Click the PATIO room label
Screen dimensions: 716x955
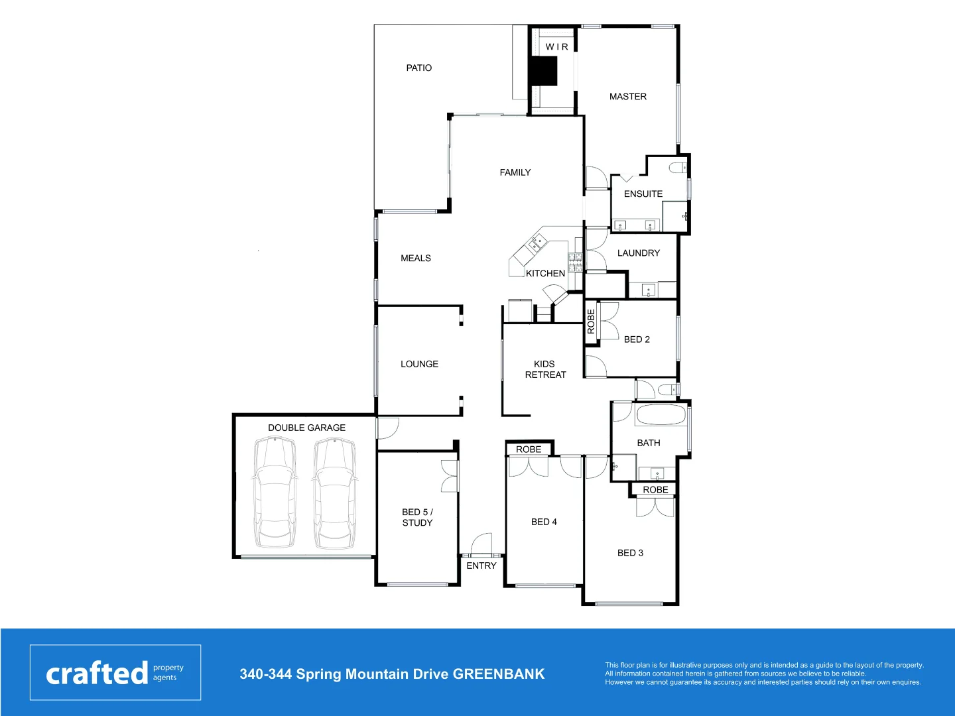[x=418, y=68]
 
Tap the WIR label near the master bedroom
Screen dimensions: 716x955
[x=556, y=47]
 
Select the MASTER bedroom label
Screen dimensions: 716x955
[x=627, y=96]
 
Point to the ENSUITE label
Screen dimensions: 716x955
[x=643, y=194]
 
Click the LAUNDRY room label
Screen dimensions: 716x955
[x=638, y=253]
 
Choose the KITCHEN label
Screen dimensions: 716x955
[x=545, y=273]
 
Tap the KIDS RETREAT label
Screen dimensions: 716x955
[x=545, y=369]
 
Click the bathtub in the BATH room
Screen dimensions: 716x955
[x=661, y=416]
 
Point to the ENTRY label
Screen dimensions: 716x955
[x=481, y=566]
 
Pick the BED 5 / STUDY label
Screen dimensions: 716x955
[x=417, y=517]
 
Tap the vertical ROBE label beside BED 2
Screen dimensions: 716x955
[x=591, y=322]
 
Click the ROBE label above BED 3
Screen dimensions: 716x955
[x=655, y=490]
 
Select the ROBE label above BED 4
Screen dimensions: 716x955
[x=529, y=449]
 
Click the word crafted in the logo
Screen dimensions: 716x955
[x=97, y=674]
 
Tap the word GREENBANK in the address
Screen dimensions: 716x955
[x=499, y=674]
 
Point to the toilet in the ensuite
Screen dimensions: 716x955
[x=678, y=168]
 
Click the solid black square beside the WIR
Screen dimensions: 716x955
[x=543, y=71]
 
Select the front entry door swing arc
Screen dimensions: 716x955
[x=482, y=542]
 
